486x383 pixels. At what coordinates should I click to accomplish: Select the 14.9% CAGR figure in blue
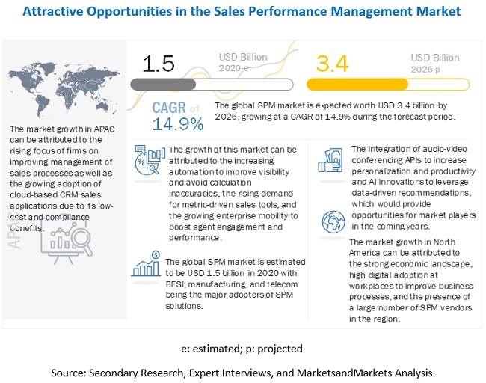click(177, 123)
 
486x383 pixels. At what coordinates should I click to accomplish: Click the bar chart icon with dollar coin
click(147, 267)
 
